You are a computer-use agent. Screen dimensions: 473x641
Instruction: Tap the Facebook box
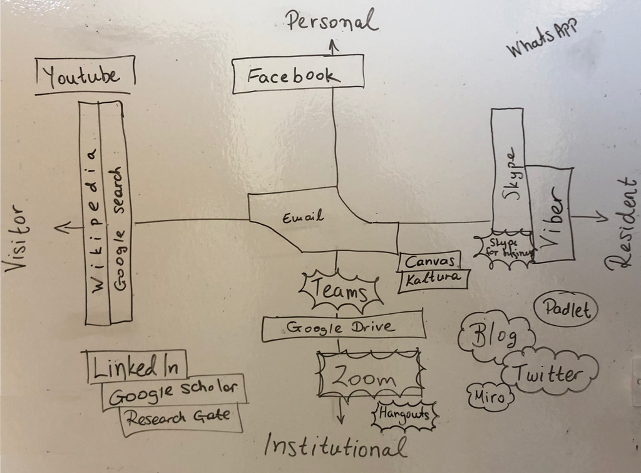[297, 75]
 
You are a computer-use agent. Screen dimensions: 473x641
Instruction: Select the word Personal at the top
[332, 22]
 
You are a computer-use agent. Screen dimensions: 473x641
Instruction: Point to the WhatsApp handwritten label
[541, 39]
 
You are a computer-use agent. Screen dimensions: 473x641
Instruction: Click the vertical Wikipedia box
[94, 213]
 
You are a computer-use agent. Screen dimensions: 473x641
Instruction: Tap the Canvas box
[429, 261]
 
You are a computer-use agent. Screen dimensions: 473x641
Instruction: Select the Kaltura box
[433, 278]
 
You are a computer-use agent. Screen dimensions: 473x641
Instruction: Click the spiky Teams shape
[341, 291]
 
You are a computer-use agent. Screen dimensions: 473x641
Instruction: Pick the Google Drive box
[341, 328]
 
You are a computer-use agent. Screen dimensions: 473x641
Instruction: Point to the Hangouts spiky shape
[404, 415]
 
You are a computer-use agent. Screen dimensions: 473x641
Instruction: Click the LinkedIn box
[135, 367]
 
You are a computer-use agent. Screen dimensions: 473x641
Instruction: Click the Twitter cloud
[548, 374]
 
